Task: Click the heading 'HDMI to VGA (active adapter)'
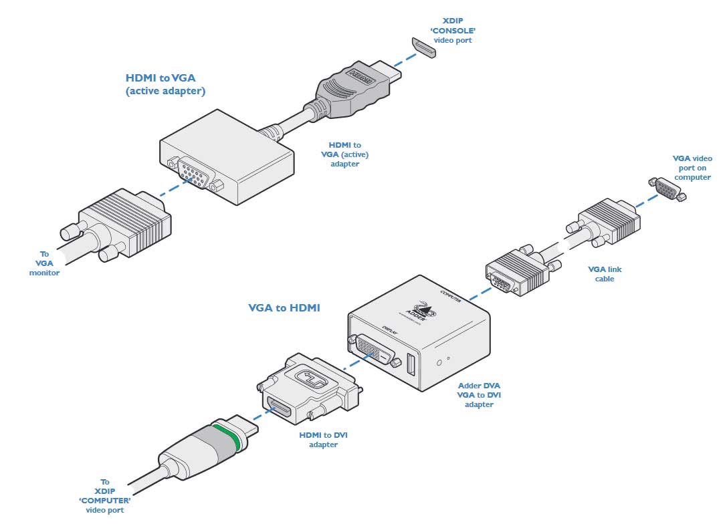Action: [165, 84]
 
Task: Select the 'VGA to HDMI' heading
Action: [284, 308]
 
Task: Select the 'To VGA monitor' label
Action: [45, 263]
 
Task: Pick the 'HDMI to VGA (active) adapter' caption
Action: [344, 154]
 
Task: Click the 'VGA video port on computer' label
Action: [692, 168]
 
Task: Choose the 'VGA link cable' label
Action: [605, 273]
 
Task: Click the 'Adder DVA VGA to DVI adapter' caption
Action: [479, 395]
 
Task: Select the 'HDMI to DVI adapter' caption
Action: [323, 440]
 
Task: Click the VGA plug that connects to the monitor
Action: [120, 224]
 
